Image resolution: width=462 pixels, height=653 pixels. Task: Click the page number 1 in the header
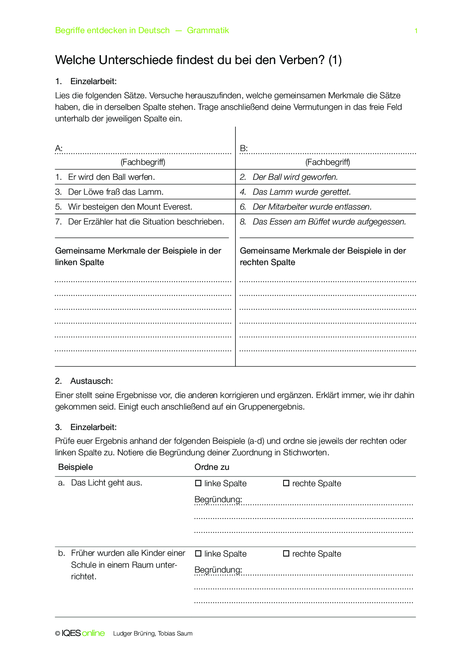416,31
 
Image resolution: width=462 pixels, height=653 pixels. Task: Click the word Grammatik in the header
208,31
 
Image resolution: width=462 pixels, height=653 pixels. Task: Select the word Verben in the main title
301,60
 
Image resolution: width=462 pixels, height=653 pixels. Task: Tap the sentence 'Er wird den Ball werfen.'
111,177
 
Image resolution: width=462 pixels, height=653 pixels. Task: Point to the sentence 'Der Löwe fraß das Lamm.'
115,192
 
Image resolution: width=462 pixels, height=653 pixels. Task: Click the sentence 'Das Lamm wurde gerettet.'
301,192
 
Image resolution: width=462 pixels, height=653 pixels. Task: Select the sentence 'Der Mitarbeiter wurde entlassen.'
312,207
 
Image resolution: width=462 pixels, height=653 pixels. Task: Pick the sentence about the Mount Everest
130,207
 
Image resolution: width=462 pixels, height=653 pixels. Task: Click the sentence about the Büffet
329,222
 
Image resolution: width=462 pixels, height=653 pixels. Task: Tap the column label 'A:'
59,149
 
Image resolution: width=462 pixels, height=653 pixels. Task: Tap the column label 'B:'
244,149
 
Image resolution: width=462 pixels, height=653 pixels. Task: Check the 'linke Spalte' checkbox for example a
198,483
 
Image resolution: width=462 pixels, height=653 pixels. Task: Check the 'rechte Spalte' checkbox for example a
286,483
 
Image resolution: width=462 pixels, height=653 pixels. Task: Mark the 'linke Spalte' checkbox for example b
198,554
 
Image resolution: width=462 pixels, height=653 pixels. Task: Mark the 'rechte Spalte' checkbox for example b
286,554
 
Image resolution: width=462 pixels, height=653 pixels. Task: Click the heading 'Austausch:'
91,381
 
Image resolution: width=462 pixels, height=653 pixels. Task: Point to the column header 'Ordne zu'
212,467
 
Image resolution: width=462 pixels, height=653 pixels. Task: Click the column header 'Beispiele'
75,467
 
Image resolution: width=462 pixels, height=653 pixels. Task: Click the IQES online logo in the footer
83,633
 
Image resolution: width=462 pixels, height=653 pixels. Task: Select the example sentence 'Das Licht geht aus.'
107,483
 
